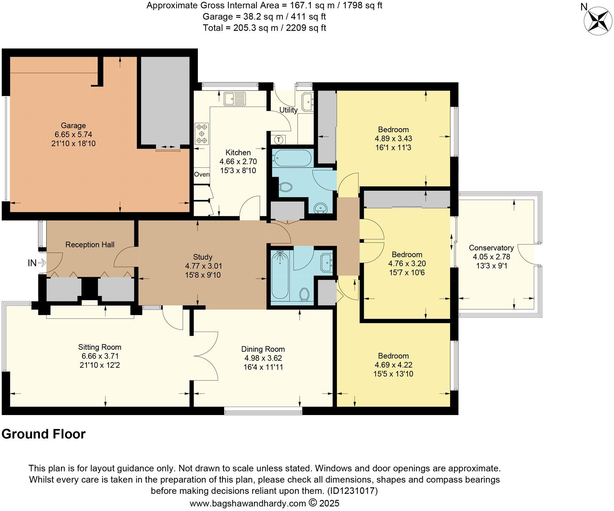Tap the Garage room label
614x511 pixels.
73,126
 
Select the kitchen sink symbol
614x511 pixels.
235,99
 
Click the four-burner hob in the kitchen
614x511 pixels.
202,134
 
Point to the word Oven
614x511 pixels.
202,175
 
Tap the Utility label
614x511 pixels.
289,110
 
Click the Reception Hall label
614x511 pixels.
90,245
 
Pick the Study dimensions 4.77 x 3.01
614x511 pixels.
203,266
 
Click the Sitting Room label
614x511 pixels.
99,347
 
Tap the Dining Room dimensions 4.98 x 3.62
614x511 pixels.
263,358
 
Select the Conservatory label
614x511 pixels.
491,248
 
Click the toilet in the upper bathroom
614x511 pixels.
286,187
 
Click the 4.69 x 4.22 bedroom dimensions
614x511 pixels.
393,365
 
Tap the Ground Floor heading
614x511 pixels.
44,434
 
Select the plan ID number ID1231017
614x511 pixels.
352,491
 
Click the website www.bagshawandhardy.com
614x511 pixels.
248,503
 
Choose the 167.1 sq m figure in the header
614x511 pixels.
305,6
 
